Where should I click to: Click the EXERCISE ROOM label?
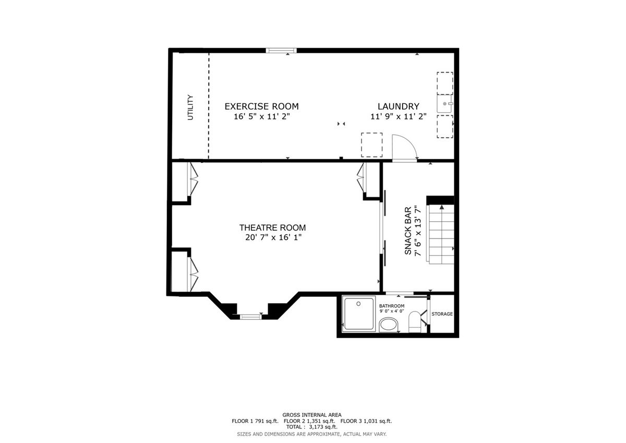click(x=261, y=106)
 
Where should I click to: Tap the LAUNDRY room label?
click(x=398, y=106)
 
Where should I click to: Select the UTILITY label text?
click(x=190, y=107)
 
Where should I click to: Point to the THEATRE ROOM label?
click(x=272, y=228)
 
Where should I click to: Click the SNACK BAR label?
click(x=408, y=231)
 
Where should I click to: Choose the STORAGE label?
click(x=442, y=314)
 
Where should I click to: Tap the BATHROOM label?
click(x=392, y=306)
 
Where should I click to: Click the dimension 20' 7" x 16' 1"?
click(x=273, y=237)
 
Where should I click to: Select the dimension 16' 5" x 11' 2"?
click(x=262, y=116)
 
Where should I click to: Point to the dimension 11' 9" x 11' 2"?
click(x=399, y=116)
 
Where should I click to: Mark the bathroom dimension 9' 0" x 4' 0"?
click(x=392, y=312)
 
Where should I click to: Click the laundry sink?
click(x=445, y=104)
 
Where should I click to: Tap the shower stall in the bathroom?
click(x=359, y=314)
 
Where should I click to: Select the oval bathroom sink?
click(x=388, y=325)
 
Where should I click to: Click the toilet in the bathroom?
click(x=415, y=322)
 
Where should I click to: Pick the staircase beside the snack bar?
click(x=440, y=234)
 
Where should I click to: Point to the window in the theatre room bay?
click(x=251, y=317)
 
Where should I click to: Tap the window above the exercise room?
click(x=281, y=51)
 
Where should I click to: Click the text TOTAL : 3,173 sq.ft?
click(x=311, y=427)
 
